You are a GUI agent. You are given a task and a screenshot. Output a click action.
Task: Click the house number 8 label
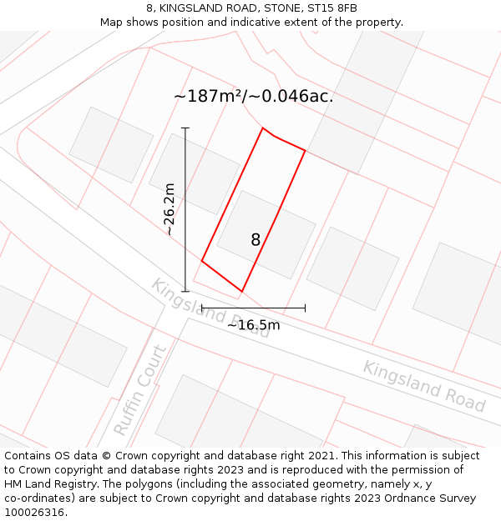click(256, 240)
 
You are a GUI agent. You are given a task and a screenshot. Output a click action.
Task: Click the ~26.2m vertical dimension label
click(170, 209)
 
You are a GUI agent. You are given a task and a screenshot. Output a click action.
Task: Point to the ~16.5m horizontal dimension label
click(254, 325)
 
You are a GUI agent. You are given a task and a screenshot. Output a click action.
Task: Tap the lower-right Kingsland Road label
click(423, 386)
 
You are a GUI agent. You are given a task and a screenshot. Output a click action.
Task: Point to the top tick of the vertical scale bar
click(185, 128)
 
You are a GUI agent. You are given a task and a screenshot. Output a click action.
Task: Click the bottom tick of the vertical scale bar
click(185, 292)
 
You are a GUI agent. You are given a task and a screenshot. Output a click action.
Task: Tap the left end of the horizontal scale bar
click(202, 308)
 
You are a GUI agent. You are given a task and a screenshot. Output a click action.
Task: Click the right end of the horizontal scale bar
click(305, 308)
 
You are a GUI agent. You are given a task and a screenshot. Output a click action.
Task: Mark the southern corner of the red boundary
click(242, 292)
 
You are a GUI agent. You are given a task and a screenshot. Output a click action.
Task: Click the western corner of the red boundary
click(202, 261)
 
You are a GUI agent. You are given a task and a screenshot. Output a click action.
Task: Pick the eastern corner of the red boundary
click(305, 151)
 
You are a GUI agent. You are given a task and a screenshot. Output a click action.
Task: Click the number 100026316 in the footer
click(33, 513)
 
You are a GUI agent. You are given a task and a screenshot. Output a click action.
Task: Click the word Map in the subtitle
click(112, 23)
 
